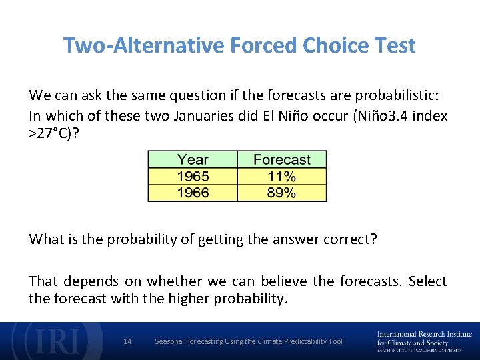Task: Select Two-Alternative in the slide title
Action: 144,45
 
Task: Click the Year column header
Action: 193,160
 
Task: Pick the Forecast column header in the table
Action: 281,160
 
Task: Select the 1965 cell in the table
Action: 193,177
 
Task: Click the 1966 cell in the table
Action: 193,193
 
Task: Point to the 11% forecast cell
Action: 281,177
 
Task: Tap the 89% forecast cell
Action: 281,193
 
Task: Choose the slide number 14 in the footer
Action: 128,341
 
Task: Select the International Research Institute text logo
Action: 424,341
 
